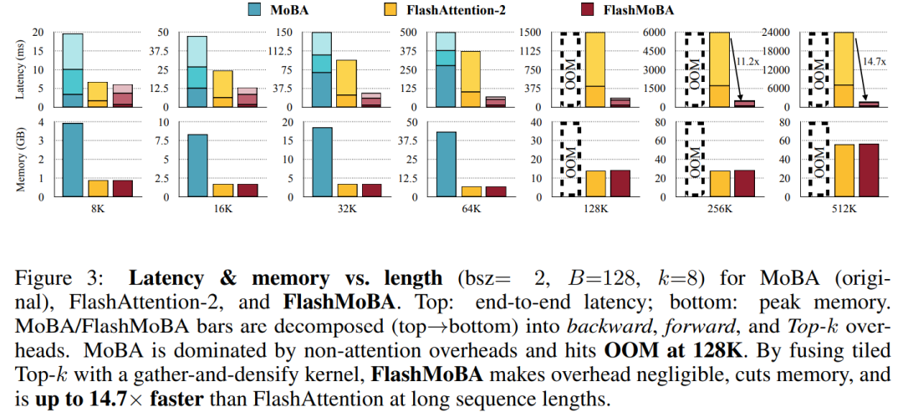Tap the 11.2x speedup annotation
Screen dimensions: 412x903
[x=747, y=60]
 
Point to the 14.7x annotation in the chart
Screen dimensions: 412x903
[x=872, y=60]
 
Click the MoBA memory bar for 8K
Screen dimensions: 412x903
[x=73, y=160]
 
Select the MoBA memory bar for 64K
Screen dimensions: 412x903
[x=446, y=164]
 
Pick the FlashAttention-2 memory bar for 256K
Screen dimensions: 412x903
[x=720, y=183]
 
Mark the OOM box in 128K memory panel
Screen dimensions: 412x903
[x=570, y=159]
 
